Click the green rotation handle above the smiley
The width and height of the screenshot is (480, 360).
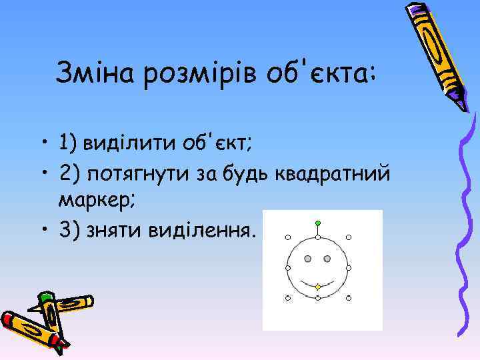[318, 222]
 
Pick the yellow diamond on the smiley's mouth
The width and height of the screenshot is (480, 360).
[318, 287]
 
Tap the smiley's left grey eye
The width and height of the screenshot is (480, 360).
[308, 258]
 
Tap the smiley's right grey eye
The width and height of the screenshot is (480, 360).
[328, 258]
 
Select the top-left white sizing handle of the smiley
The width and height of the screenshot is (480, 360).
[287, 237]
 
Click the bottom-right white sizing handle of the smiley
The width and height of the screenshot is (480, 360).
[349, 297]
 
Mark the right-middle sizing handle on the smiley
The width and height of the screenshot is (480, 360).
[349, 267]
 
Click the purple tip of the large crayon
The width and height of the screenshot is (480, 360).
[461, 103]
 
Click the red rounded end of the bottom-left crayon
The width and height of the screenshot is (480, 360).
[8, 319]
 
